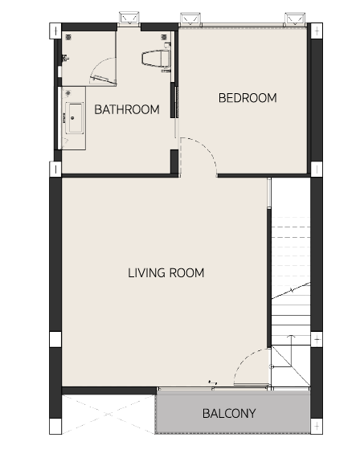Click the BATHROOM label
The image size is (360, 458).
point(127,109)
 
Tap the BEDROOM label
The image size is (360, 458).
point(247,98)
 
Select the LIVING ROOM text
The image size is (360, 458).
point(166,273)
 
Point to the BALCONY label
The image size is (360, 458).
point(229,413)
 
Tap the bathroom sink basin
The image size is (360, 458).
point(76,117)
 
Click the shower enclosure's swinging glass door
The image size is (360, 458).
point(104,80)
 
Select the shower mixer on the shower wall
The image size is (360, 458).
point(65,58)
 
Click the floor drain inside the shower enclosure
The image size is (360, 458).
point(68,37)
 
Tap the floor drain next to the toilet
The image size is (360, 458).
point(164,37)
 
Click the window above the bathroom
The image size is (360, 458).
point(129,18)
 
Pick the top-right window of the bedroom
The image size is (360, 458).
point(295,19)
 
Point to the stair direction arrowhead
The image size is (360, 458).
point(291,336)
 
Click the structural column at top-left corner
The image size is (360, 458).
point(55,31)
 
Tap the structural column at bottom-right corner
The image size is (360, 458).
point(317,427)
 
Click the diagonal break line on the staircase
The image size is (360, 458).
point(291,290)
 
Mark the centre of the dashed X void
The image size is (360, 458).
point(108,415)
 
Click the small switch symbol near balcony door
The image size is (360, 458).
point(213,382)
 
